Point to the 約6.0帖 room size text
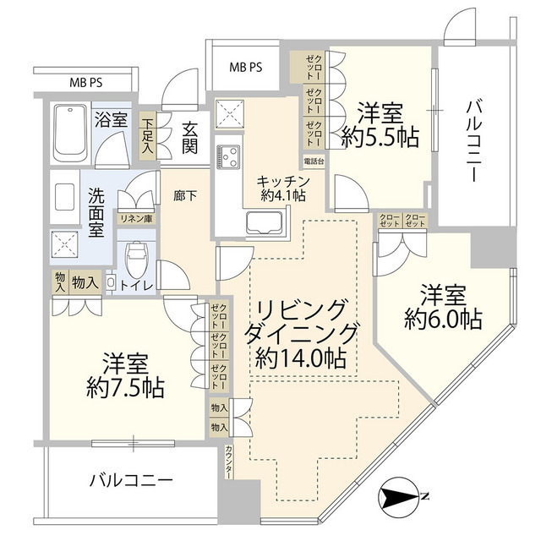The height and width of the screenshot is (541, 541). tap(443, 320)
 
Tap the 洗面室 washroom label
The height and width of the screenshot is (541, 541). tap(96, 212)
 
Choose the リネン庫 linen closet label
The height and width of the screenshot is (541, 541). tap(134, 220)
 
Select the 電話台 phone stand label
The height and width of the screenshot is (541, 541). tap(312, 161)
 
